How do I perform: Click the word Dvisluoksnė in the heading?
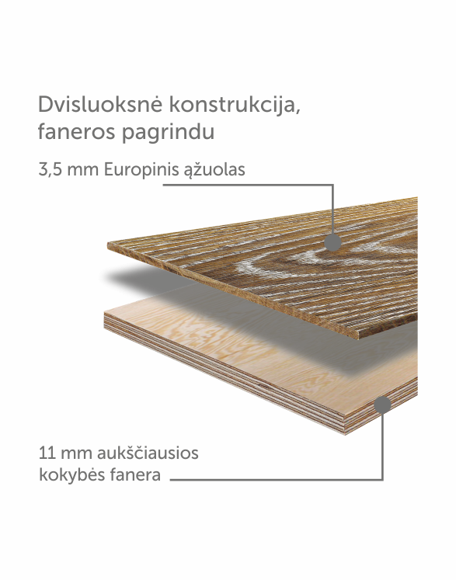[100, 104]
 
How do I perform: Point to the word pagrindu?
[169, 133]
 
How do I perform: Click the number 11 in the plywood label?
[47, 453]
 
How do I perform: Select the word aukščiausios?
[148, 453]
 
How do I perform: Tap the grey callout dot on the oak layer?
[332, 242]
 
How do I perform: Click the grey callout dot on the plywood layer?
[382, 405]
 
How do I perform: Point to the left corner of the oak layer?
[108, 245]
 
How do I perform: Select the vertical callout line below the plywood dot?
[382, 446]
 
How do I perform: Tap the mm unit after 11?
[77, 454]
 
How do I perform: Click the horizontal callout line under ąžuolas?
[249, 185]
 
